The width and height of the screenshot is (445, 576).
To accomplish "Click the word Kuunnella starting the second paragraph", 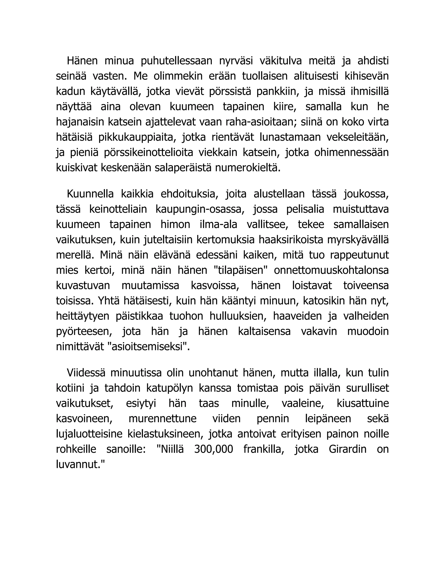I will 90,194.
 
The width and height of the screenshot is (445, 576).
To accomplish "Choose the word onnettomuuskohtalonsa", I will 331,271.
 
